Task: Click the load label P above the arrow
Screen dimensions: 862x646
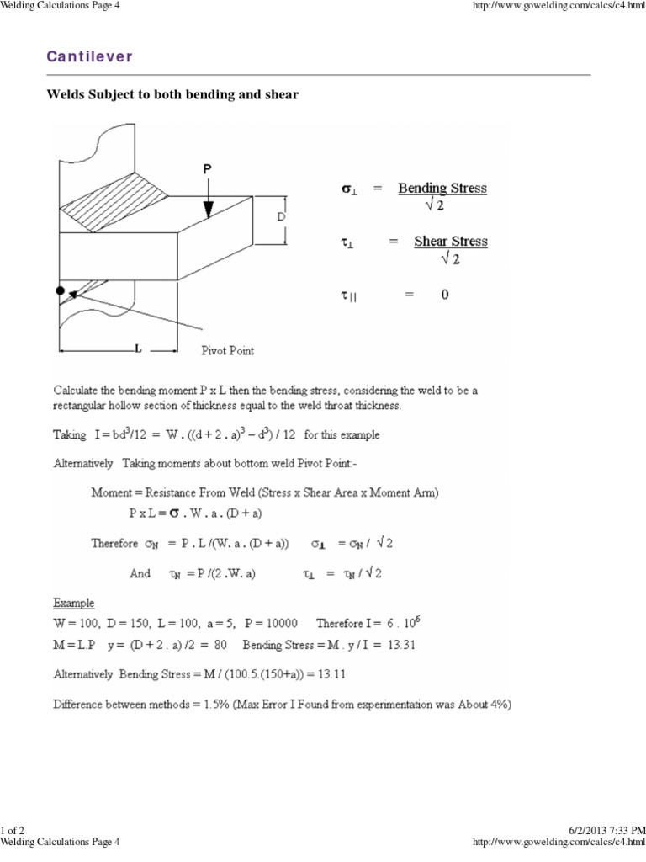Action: pyautogui.click(x=207, y=169)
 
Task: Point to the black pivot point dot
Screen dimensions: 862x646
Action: pyautogui.click(x=60, y=291)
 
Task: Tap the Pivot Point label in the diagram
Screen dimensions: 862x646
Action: pyautogui.click(x=227, y=350)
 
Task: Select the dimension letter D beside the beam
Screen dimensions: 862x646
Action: pyautogui.click(x=281, y=217)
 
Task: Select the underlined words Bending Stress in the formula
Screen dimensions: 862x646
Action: pyautogui.click(x=442, y=189)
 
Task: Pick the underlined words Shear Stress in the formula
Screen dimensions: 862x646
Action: pyautogui.click(x=450, y=242)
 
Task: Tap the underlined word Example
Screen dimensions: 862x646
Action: pyautogui.click(x=74, y=604)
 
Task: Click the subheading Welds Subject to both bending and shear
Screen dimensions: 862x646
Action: pyautogui.click(x=172, y=95)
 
